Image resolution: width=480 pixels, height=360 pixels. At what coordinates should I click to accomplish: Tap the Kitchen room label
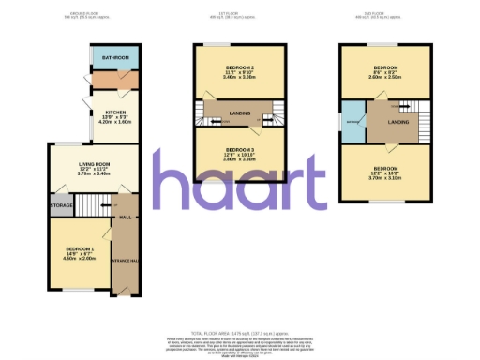[x=102, y=112]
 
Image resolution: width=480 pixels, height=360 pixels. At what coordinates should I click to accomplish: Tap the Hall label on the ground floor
[x=126, y=215]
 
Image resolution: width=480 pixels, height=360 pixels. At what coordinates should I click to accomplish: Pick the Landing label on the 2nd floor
[x=397, y=122]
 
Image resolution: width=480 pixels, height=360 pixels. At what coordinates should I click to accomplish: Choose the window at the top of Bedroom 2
[x=239, y=45]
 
